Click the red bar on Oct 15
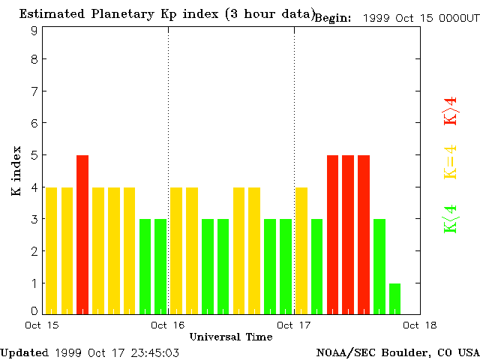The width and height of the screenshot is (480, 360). pos(82,234)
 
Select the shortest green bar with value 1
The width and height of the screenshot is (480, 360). pos(394,298)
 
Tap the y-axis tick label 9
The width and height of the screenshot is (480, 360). pos(34,31)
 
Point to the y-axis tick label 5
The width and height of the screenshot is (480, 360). pos(34,155)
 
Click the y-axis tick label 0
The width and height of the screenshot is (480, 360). pos(34,310)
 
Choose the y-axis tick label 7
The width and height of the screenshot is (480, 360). pos(34,91)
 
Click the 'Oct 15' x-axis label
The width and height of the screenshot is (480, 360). pos(42,325)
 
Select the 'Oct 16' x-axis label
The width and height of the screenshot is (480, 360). pos(168,325)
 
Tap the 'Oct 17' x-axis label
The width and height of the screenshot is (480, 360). pos(294,325)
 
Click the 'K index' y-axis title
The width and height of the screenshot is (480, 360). pos(16,172)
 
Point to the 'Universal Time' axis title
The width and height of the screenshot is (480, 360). pos(231,337)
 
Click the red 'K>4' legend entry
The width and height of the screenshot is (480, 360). pos(450,110)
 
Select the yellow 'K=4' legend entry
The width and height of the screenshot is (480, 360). pos(450,163)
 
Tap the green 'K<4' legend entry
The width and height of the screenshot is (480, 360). pos(450,218)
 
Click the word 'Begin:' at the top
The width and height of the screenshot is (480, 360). pos(333,18)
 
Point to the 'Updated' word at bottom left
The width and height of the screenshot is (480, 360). pos(24,352)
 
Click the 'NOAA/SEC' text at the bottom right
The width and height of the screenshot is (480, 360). pos(342,352)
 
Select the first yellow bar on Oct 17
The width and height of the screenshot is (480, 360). pos(301,250)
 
